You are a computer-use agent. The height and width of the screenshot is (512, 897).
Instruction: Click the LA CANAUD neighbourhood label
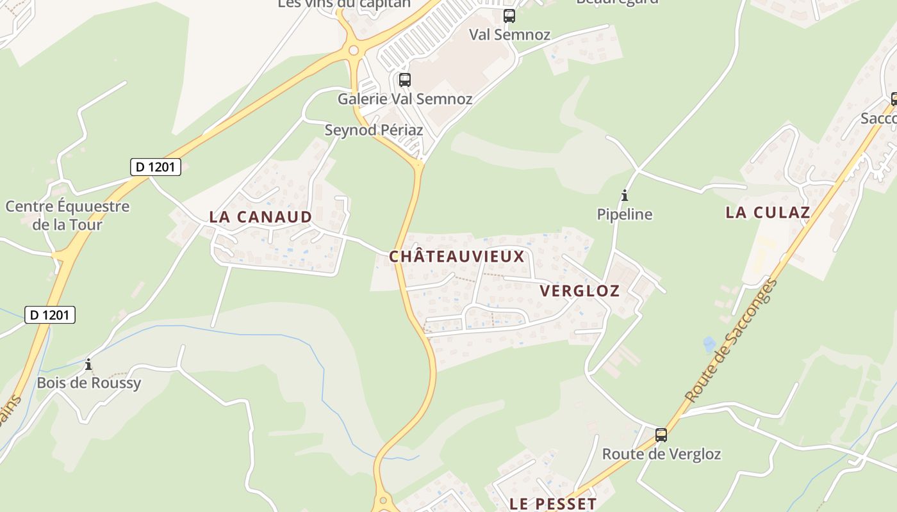pyautogui.click(x=260, y=217)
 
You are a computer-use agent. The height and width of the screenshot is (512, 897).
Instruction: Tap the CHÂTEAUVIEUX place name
pyautogui.click(x=457, y=257)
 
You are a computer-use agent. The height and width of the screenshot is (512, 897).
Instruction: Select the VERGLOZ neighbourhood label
pyautogui.click(x=579, y=291)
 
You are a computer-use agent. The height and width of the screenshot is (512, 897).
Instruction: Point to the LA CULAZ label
pyautogui.click(x=768, y=213)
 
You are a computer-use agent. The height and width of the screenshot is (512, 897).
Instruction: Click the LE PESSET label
pyautogui.click(x=553, y=504)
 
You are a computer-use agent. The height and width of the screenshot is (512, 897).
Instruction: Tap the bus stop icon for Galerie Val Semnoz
pyautogui.click(x=404, y=80)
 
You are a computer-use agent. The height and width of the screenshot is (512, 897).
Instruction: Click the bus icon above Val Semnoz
pyautogui.click(x=509, y=16)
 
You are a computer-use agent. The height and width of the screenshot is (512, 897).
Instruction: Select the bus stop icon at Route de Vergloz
pyautogui.click(x=661, y=435)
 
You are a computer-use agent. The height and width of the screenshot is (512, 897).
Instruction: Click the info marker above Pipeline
pyautogui.click(x=625, y=196)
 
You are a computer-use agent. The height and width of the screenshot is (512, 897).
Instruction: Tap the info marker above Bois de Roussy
pyautogui.click(x=88, y=365)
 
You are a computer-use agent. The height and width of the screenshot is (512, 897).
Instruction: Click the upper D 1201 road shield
pyautogui.click(x=156, y=167)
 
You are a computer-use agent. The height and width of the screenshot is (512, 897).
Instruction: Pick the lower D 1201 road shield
pyautogui.click(x=50, y=315)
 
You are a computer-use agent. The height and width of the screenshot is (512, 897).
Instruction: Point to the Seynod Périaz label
pyautogui.click(x=374, y=130)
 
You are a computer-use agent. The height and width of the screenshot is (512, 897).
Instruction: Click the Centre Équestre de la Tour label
pyautogui.click(x=67, y=215)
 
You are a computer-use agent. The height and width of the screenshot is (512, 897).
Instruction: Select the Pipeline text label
pyautogui.click(x=625, y=214)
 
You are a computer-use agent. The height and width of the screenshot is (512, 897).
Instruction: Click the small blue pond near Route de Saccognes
pyautogui.click(x=709, y=344)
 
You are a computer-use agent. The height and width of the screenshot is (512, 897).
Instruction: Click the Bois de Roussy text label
pyautogui.click(x=88, y=383)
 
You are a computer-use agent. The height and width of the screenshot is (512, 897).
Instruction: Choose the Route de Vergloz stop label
pyautogui.click(x=661, y=454)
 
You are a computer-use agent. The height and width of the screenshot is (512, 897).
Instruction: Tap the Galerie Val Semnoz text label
pyautogui.click(x=405, y=99)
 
